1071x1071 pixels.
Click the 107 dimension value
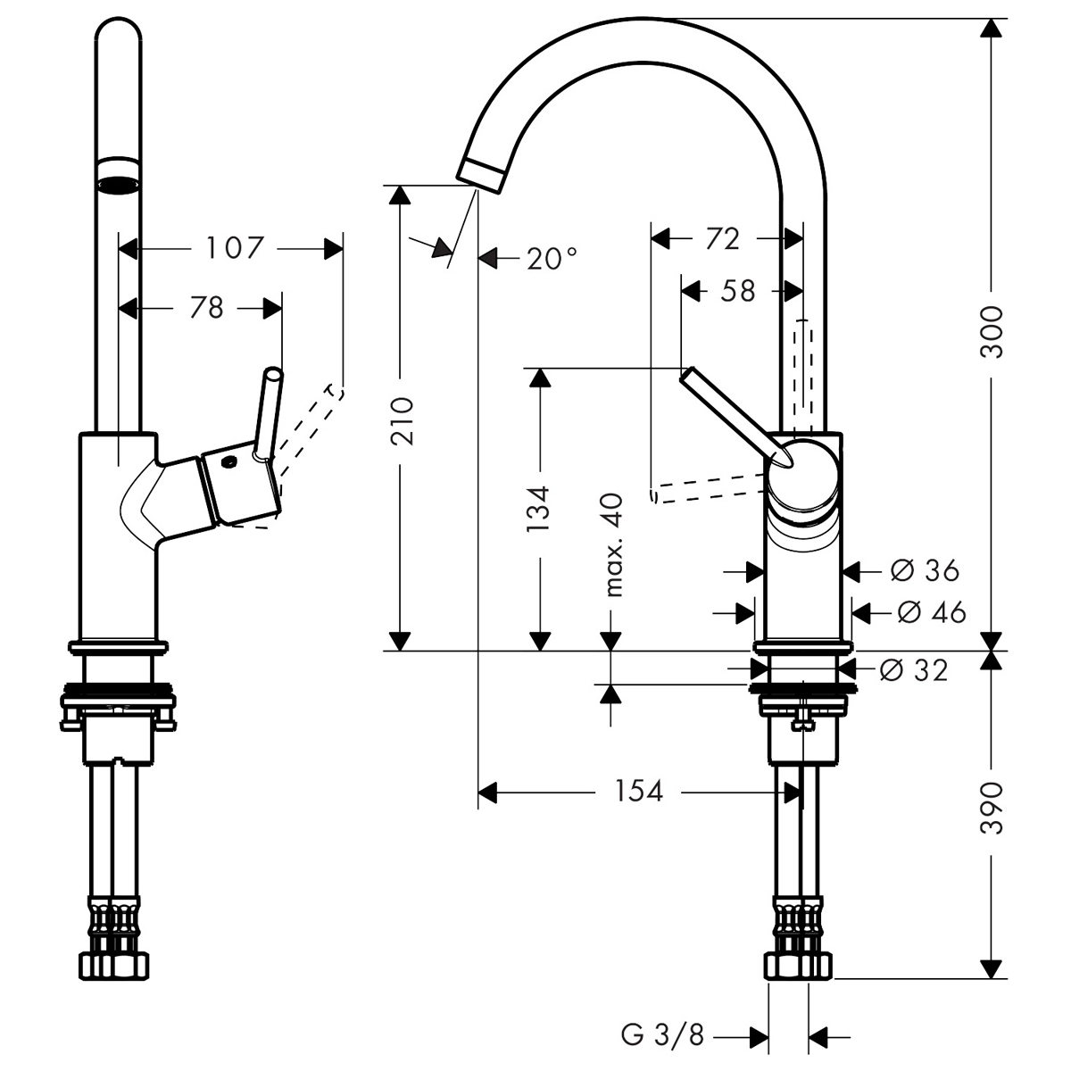click(236, 247)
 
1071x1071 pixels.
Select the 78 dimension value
click(206, 308)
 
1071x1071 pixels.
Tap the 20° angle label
click(552, 259)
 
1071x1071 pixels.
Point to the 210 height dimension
click(403, 419)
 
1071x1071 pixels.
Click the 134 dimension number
click(538, 510)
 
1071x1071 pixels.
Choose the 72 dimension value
click(722, 238)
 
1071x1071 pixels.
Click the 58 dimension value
click(737, 291)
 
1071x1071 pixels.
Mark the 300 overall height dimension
click(992, 332)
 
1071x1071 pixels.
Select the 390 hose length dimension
click(992, 808)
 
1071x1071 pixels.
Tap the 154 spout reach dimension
click(639, 791)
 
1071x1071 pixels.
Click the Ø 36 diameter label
click(925, 569)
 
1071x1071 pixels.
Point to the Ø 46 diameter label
click(932, 612)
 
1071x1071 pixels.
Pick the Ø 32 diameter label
click(913, 669)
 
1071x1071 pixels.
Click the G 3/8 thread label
click(662, 1036)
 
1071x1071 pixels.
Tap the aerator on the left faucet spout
click(118, 175)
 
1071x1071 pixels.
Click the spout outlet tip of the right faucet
click(482, 171)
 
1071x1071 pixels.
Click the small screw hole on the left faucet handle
click(229, 462)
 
